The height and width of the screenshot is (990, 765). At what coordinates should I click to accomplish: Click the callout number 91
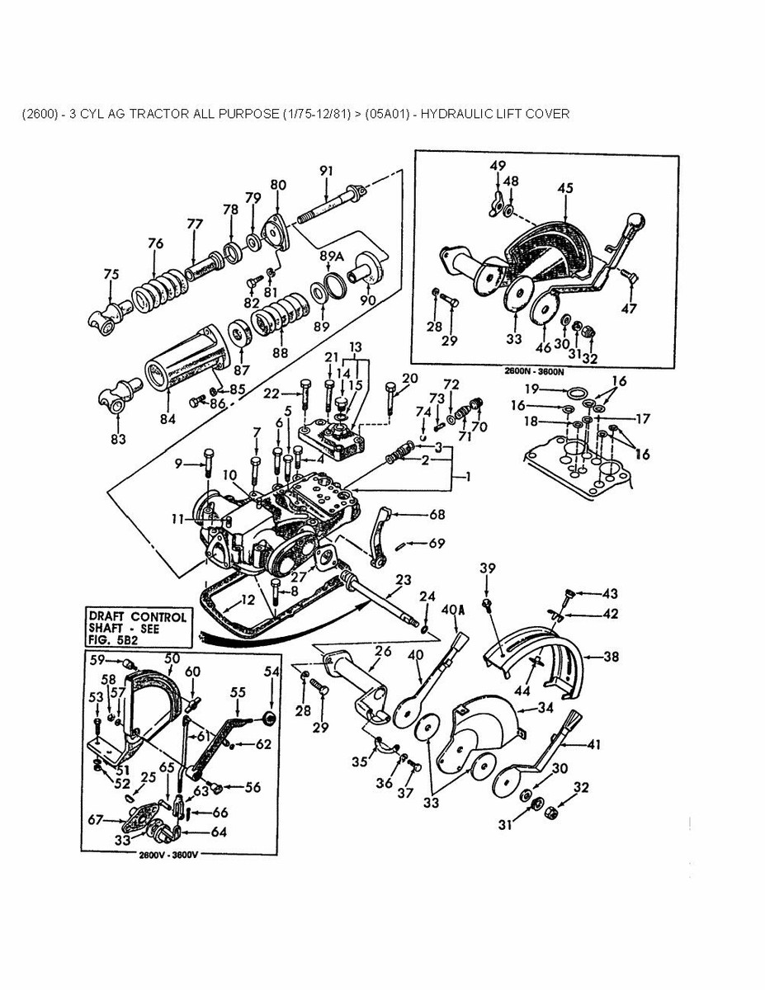(x=326, y=171)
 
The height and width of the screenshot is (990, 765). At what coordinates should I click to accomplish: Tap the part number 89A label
(x=332, y=257)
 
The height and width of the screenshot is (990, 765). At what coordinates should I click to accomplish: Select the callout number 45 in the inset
(x=564, y=188)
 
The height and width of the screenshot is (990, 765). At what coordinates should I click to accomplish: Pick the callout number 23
(x=404, y=579)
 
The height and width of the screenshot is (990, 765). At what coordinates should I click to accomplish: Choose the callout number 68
(x=437, y=515)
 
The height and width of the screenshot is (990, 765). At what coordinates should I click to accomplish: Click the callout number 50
(x=172, y=658)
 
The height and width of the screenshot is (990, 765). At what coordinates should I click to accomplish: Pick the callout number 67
(x=97, y=819)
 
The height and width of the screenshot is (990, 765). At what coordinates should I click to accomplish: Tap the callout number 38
(x=611, y=658)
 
